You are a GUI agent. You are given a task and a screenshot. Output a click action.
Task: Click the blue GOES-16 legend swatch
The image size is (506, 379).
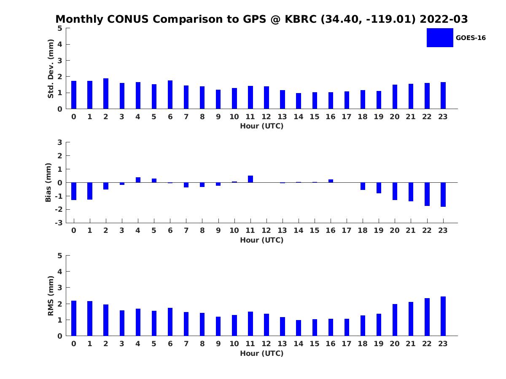[439, 37]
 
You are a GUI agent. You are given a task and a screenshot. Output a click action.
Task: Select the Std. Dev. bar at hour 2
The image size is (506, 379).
[106, 93]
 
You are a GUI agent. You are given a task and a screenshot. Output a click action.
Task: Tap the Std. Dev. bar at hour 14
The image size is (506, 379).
[299, 101]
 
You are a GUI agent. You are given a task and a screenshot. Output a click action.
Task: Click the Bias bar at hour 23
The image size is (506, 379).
[443, 195]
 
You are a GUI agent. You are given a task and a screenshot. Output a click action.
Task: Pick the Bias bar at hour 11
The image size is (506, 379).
[250, 179]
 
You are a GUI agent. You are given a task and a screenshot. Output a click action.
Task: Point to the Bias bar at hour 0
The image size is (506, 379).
[74, 191]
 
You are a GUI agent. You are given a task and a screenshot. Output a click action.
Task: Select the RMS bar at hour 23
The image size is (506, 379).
[443, 316]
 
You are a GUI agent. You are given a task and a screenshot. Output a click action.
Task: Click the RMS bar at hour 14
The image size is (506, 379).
[299, 328]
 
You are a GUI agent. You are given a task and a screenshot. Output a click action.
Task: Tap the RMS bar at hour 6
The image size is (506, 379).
[170, 322]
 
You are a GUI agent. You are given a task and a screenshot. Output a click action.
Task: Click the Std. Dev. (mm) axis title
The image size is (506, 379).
[51, 69]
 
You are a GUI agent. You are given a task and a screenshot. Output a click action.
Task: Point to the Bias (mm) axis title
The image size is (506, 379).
[48, 182]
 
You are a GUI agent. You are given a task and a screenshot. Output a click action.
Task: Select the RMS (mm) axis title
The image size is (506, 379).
[51, 296]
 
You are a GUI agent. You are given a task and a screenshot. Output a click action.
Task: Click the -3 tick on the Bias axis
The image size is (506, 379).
[59, 223]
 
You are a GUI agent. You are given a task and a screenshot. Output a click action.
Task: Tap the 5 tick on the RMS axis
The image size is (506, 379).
[60, 256]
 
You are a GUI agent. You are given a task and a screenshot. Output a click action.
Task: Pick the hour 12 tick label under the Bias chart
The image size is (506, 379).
[266, 230]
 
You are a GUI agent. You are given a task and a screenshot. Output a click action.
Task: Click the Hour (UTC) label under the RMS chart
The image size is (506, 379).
[261, 353]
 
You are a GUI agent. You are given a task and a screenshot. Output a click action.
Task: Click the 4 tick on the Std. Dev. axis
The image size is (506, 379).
[60, 44]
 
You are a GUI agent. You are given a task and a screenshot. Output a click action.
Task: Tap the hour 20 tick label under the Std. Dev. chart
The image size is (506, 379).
[395, 117]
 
